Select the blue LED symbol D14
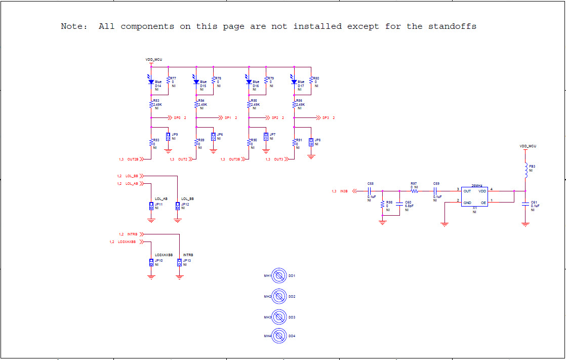151,81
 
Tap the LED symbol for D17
294,81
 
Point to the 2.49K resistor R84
196,104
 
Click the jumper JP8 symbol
311,142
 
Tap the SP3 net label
326,117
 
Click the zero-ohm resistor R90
249,143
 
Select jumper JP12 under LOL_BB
178,206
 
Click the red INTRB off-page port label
133,234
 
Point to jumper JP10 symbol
151,262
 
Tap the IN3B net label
344,191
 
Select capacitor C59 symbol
436,191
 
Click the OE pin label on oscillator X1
483,203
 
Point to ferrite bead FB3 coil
526,167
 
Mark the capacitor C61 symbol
525,204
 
